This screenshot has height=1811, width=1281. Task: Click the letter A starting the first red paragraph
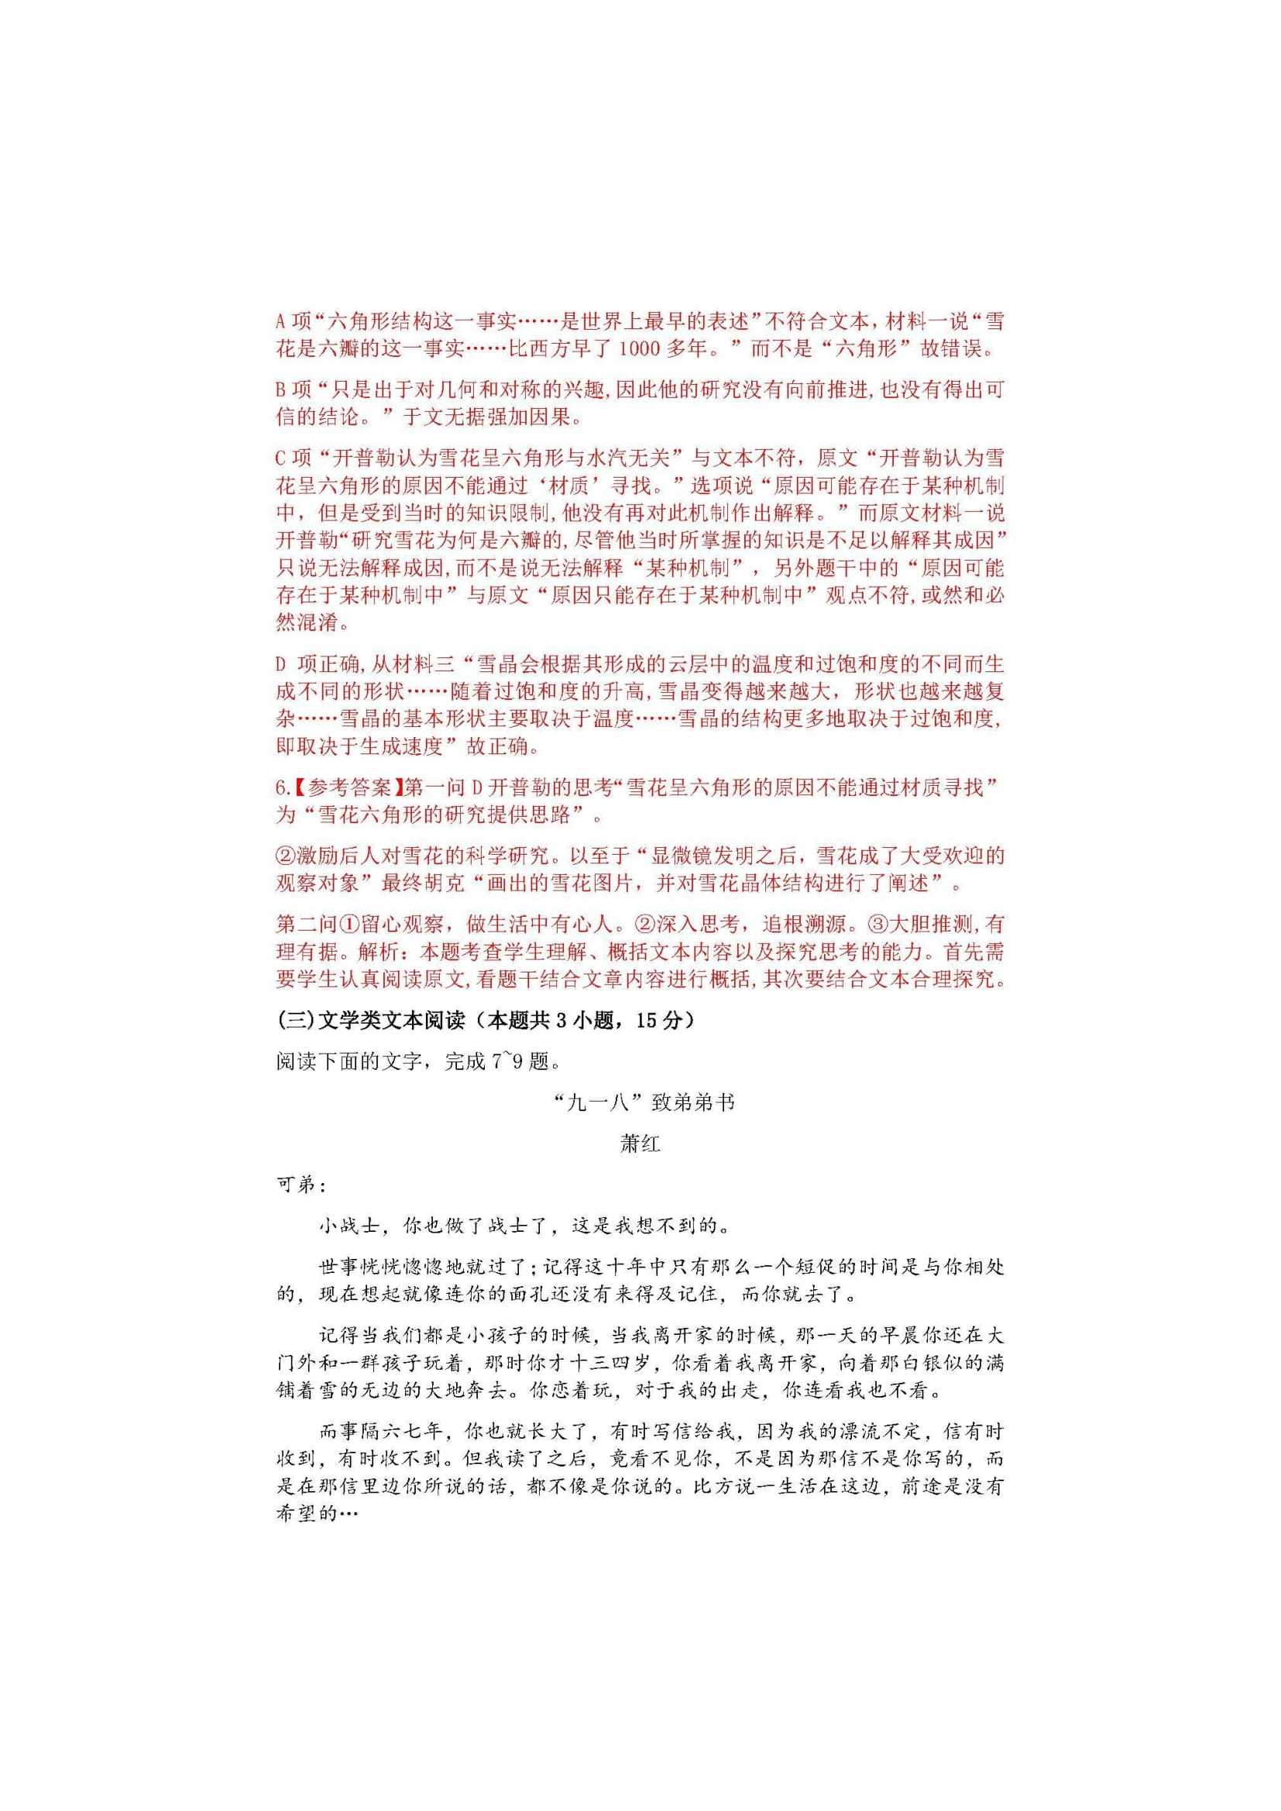coord(282,321)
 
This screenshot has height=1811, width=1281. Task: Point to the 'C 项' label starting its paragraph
coord(294,458)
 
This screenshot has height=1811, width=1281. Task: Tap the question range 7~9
coord(508,1062)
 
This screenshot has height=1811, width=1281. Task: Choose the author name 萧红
coord(640,1144)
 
